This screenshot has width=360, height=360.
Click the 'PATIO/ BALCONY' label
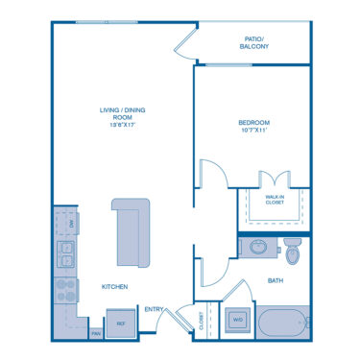click(253, 42)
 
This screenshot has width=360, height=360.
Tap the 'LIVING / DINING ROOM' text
click(122, 113)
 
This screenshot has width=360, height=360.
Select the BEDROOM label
click(254, 123)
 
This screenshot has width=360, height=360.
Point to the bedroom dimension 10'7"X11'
click(254, 131)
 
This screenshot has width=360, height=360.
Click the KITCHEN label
click(115, 286)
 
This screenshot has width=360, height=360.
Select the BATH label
click(276, 280)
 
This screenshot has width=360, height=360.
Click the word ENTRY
click(154, 309)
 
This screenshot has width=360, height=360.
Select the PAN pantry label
click(96, 334)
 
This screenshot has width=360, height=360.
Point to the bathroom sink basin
click(258, 248)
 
